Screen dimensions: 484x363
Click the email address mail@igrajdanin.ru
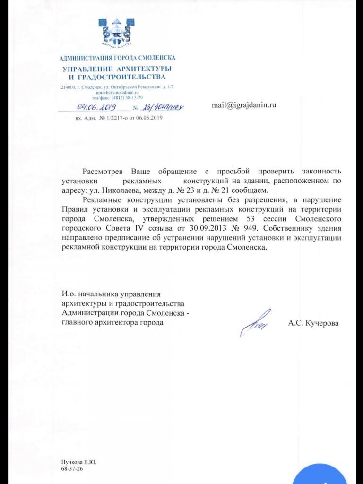click(243, 105)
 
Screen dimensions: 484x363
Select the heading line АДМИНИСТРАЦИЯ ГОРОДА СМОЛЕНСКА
click(117, 58)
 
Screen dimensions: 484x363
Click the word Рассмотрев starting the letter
click(104, 171)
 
